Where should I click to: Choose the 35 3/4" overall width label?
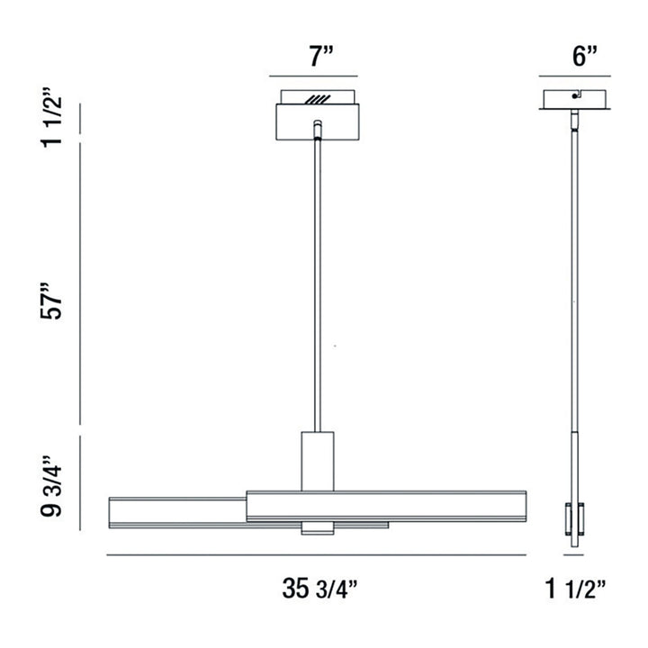point(320,589)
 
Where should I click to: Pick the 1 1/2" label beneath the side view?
point(575,589)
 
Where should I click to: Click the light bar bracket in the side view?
point(573,518)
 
